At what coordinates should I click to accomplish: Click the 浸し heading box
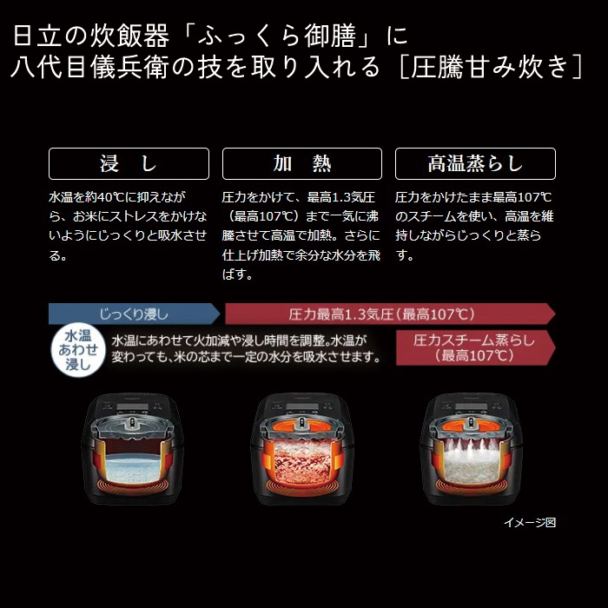(x=129, y=163)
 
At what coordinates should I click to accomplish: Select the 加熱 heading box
(x=301, y=163)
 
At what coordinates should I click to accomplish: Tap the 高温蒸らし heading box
(x=475, y=163)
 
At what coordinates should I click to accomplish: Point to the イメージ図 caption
(x=529, y=522)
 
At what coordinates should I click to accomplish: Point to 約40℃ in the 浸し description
(x=107, y=197)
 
